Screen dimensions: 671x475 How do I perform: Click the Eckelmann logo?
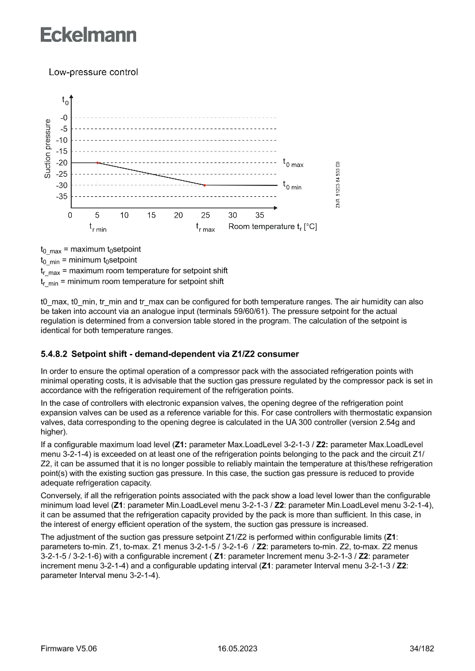tap(88, 34)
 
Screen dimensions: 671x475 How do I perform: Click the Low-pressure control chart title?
tap(93, 72)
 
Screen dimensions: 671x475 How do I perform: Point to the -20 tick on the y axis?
tap(62, 163)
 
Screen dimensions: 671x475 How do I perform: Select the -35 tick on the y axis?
tap(62, 197)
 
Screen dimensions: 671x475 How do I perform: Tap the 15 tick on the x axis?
tap(151, 215)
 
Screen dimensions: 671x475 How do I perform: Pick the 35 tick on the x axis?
tap(260, 215)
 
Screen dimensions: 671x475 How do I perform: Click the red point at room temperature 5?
tap(98, 163)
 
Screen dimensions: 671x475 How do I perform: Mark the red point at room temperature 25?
tap(205, 185)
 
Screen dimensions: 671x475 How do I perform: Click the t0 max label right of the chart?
tap(292, 164)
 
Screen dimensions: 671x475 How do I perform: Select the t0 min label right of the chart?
tap(291, 185)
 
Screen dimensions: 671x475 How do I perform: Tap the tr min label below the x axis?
tap(98, 228)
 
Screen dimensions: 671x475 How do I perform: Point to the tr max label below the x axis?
tap(205, 228)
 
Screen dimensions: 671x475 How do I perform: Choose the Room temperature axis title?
tap(272, 227)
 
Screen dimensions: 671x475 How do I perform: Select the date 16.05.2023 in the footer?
tap(237, 649)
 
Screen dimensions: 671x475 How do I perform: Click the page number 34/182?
tap(422, 649)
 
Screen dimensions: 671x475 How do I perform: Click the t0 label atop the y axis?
tap(65, 100)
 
